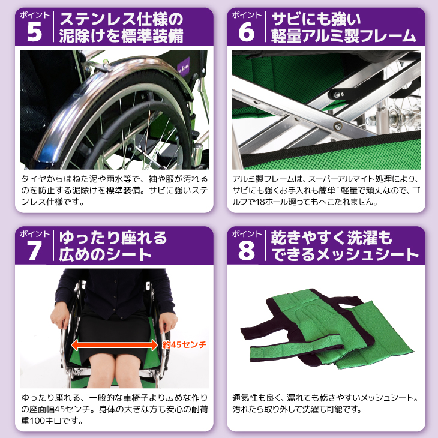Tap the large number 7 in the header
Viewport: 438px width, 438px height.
[x=34, y=251]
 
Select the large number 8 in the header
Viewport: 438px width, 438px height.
[x=247, y=251]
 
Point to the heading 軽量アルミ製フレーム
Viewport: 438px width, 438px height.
[x=343, y=37]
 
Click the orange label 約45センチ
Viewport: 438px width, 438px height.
[x=184, y=344]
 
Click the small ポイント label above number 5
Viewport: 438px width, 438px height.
[x=34, y=14]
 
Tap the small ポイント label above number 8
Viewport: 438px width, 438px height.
[x=247, y=233]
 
